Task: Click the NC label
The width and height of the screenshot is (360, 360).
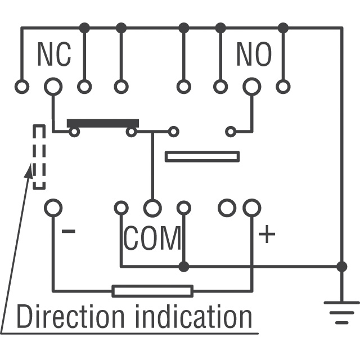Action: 54,54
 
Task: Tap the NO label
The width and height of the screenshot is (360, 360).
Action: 254,54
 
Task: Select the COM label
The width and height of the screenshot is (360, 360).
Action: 152,238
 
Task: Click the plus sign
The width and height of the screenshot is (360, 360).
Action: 267,234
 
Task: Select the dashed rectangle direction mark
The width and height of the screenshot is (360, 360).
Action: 39,157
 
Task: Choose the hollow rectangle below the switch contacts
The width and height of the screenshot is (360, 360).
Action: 202,156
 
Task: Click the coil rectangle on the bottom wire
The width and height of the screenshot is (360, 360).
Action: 152,291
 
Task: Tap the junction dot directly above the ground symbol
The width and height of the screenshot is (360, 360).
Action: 341,266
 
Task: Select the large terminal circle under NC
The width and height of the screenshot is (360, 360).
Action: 53,87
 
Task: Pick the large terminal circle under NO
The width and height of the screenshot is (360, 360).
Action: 251,87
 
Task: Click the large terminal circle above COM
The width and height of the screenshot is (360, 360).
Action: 152,208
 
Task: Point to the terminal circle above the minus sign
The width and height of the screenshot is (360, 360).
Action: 53,208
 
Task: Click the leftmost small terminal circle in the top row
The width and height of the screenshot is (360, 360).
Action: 21,87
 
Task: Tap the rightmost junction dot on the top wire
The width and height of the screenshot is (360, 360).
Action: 283,27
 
